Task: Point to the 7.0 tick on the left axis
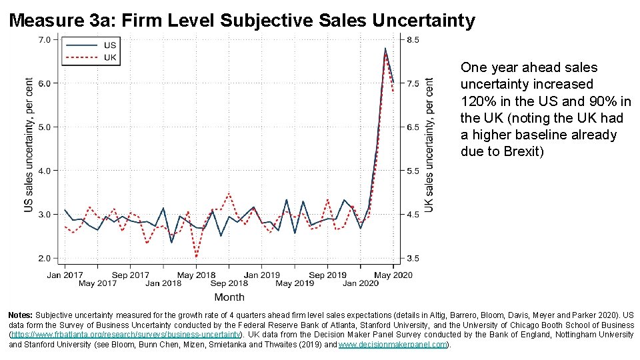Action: click(43, 40)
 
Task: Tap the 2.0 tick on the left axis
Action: click(43, 258)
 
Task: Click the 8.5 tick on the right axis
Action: click(413, 40)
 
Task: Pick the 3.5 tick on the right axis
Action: click(413, 258)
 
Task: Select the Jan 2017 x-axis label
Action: click(65, 275)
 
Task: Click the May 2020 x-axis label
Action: click(393, 275)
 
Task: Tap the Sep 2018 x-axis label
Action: click(229, 283)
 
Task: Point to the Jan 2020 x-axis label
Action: click(361, 283)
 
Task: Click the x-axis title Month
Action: click(229, 297)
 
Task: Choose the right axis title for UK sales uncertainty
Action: click(429, 145)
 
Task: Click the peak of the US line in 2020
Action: click(385, 48)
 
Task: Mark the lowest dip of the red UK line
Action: click(197, 257)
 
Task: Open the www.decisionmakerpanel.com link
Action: click(393, 345)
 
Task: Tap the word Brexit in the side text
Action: click(517, 151)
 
